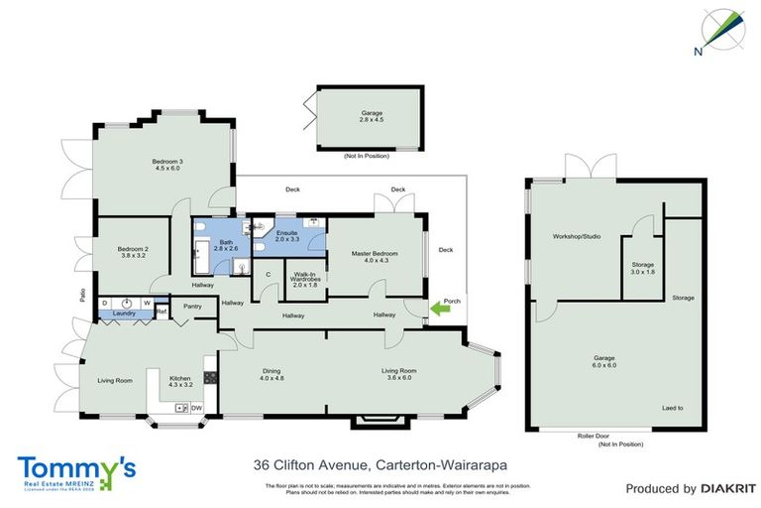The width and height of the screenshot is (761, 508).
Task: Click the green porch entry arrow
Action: [x=438, y=310]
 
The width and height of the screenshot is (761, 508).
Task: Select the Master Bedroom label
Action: [x=375, y=254]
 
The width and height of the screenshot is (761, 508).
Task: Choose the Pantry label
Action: [x=193, y=307]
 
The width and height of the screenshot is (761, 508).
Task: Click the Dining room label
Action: [x=272, y=374]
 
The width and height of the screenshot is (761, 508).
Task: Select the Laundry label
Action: [x=124, y=314]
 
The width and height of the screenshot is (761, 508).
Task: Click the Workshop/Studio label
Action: [x=578, y=237]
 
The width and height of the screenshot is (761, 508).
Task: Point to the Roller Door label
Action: [x=592, y=436]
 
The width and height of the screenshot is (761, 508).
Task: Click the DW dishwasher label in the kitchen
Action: [x=196, y=408]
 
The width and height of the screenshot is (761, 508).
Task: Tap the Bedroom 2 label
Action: [x=132, y=252]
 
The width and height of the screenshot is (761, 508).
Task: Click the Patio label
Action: [x=84, y=294]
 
